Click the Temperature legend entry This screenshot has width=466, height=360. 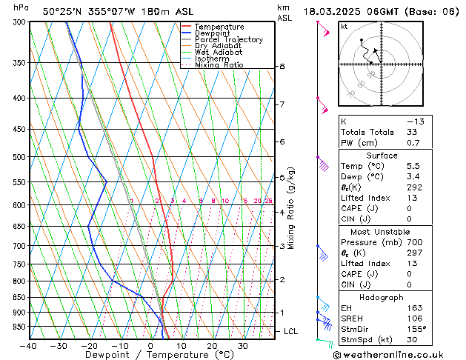click(x=219, y=27)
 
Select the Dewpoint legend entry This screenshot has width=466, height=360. click(x=213, y=33)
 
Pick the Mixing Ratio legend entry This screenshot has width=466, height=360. click(x=219, y=65)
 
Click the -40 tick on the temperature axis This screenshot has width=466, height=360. click(x=29, y=346)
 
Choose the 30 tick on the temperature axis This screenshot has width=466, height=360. click(x=242, y=346)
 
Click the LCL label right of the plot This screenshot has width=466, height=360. click(x=290, y=331)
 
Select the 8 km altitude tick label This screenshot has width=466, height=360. click(x=282, y=67)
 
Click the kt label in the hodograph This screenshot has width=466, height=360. click(x=344, y=27)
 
